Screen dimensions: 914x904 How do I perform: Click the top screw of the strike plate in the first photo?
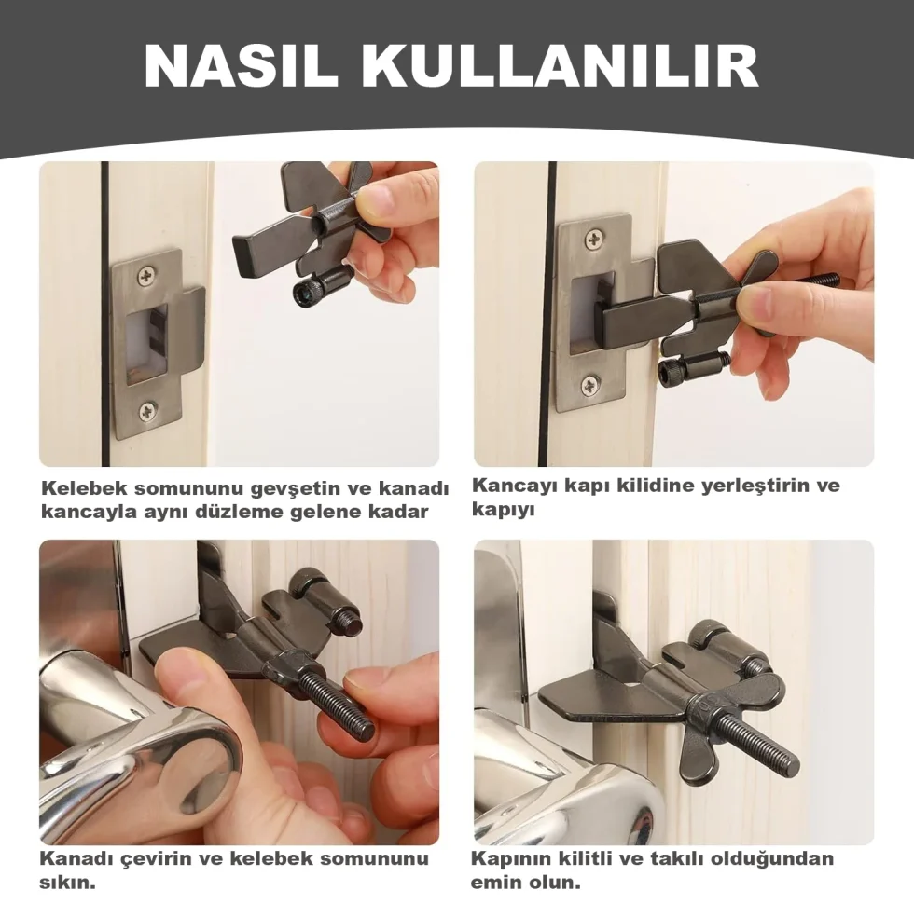tap(146, 276)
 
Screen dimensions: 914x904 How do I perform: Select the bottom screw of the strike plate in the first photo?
tap(148, 412)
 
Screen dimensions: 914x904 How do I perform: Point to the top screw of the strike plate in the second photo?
tap(593, 239)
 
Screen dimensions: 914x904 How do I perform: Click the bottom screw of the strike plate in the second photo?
tap(589, 385)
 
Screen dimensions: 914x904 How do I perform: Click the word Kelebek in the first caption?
tap(83, 488)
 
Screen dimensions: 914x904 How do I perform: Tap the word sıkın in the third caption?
tap(67, 883)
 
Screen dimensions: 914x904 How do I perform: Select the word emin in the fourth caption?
tap(497, 883)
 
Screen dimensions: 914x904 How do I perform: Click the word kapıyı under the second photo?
tap(503, 511)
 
